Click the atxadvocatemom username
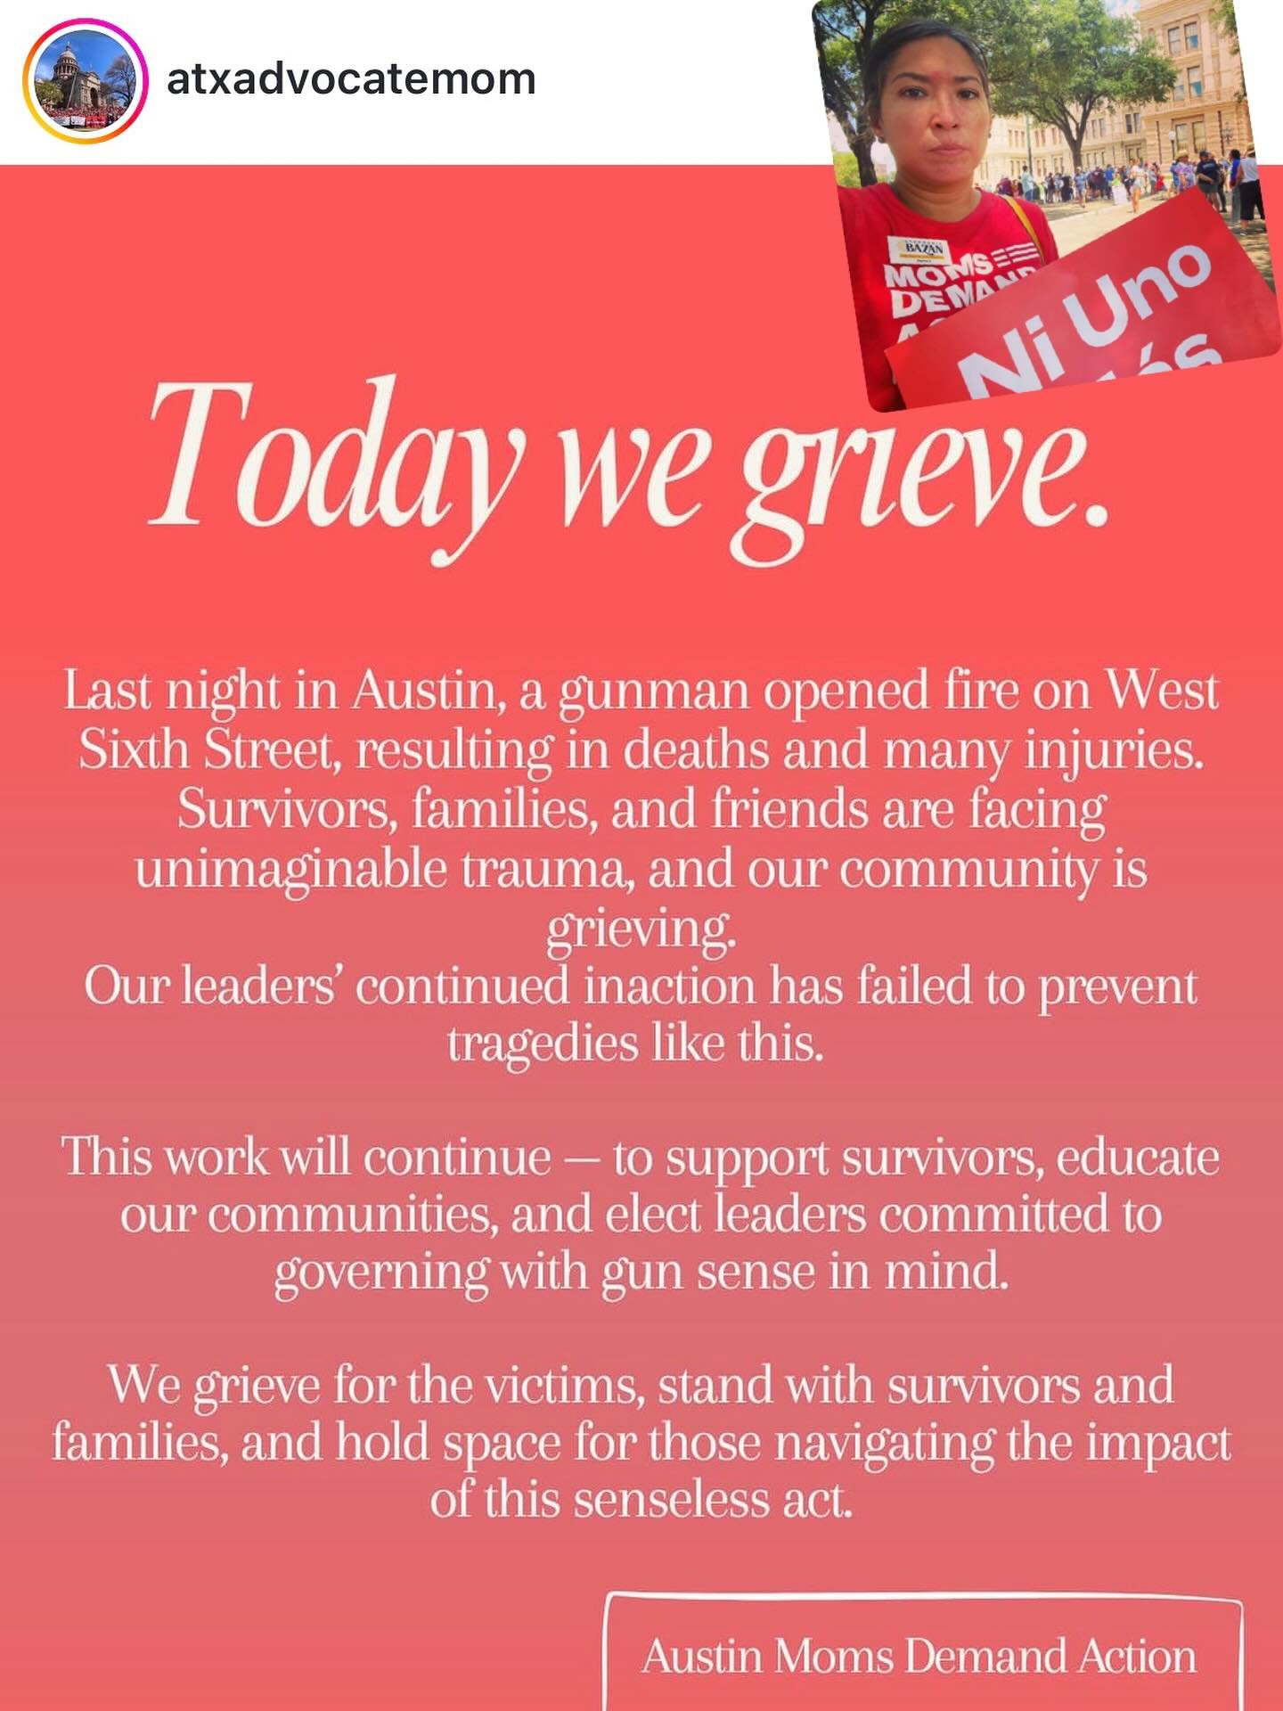(351, 78)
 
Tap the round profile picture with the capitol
(85, 82)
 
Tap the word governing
(381, 1273)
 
